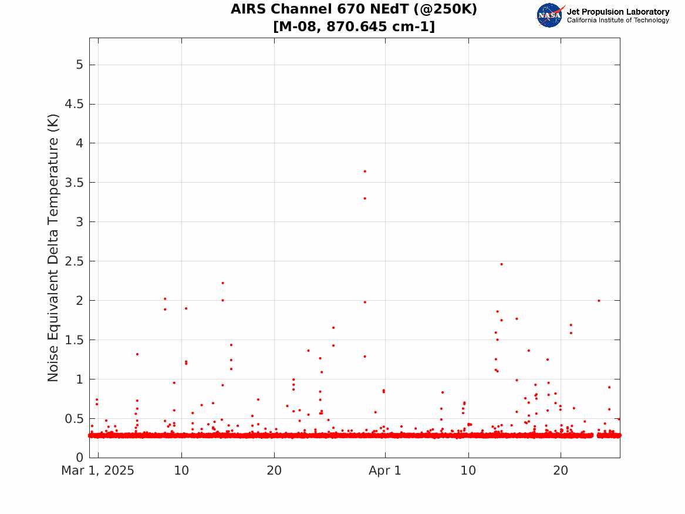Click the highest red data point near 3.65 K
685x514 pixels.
click(365, 172)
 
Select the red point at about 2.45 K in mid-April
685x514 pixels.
click(501, 264)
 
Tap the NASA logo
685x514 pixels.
click(550, 15)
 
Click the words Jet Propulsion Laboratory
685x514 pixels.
click(618, 12)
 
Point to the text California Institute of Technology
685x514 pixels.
click(618, 20)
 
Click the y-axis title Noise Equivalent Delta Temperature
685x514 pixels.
click(53, 248)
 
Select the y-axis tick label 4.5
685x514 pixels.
click(74, 104)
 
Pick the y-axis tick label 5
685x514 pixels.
click(79, 65)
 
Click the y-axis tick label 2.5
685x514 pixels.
click(74, 261)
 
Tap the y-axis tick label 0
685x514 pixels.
click(79, 458)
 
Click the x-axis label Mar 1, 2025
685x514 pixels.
click(98, 471)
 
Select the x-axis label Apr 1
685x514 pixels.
click(385, 471)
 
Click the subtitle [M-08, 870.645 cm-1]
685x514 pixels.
click(354, 26)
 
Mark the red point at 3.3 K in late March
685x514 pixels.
click(365, 199)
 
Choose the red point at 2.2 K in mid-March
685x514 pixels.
click(223, 283)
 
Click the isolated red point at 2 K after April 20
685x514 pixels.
click(599, 301)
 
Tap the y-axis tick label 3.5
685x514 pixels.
click(74, 183)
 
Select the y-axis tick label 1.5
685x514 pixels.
click(74, 340)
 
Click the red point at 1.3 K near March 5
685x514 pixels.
click(137, 354)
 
